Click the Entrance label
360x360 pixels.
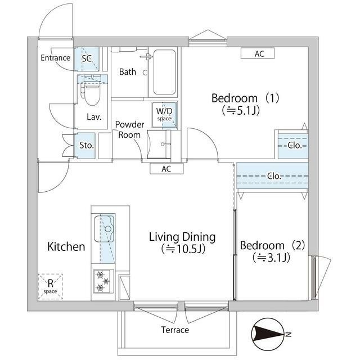pyautogui.click(x=55, y=58)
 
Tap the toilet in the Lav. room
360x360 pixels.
pyautogui.click(x=92, y=90)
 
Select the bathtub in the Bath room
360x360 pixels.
pyautogui.click(x=164, y=72)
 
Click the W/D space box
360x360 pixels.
pyautogui.click(x=164, y=115)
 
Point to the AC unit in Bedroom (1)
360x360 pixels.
pyautogui.click(x=258, y=54)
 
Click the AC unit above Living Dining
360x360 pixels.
pyautogui.click(x=166, y=169)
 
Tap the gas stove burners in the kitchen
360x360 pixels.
pyautogui.click(x=103, y=281)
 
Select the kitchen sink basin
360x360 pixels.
pyautogui.click(x=104, y=229)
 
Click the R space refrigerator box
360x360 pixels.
pyautogui.click(x=50, y=286)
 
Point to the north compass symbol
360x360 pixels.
pyautogui.click(x=268, y=334)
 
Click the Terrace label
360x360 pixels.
pyautogui.click(x=175, y=330)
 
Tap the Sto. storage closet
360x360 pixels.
pyautogui.click(x=85, y=146)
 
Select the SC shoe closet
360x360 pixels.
pyautogui.click(x=87, y=59)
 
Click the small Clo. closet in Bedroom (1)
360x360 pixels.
pyautogui.click(x=292, y=145)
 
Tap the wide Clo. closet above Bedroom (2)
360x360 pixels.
pyautogui.click(x=272, y=175)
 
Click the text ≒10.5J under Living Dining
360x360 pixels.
pyautogui.click(x=183, y=249)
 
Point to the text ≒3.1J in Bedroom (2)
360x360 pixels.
pyautogui.click(x=271, y=258)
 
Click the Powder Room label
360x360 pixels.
pyautogui.click(x=129, y=129)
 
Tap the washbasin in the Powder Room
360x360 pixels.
pyautogui.click(x=159, y=144)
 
